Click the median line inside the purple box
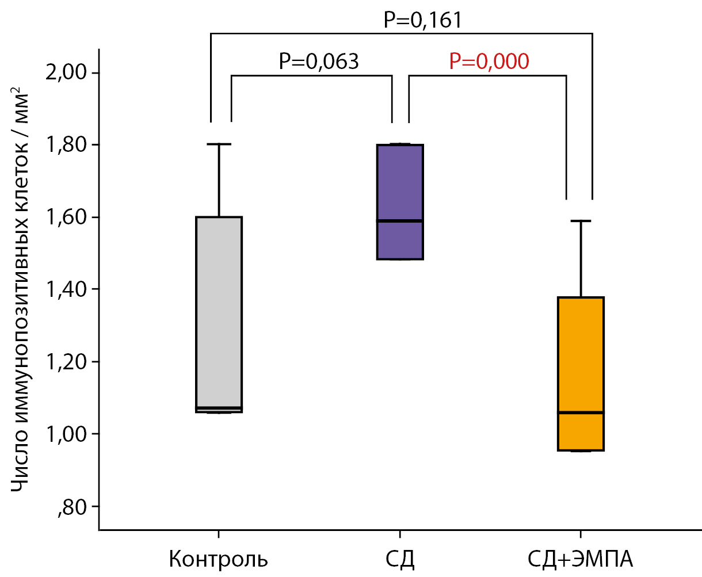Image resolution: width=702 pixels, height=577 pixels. point(400,220)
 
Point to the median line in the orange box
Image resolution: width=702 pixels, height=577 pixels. point(581,412)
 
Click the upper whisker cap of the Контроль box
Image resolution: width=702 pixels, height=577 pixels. point(219,144)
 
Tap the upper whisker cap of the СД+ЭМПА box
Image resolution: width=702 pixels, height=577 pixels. point(581,221)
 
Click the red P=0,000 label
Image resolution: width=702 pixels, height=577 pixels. point(489,61)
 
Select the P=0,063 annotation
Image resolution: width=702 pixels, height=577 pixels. point(319,61)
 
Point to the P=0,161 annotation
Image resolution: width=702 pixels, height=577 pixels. point(423,20)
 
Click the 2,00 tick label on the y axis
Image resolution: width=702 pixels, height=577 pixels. point(64,73)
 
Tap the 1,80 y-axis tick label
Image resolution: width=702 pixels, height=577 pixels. point(64,145)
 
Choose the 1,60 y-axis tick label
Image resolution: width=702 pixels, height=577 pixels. point(64,217)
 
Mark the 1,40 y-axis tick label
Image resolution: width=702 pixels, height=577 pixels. point(64,289)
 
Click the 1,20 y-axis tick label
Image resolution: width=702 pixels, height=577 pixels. point(64,362)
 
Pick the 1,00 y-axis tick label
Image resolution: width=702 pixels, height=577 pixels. point(64,434)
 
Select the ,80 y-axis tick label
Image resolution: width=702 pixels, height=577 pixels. point(72,507)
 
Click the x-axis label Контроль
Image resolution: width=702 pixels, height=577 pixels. point(219,559)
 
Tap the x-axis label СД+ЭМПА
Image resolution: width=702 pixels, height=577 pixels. point(581,559)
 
